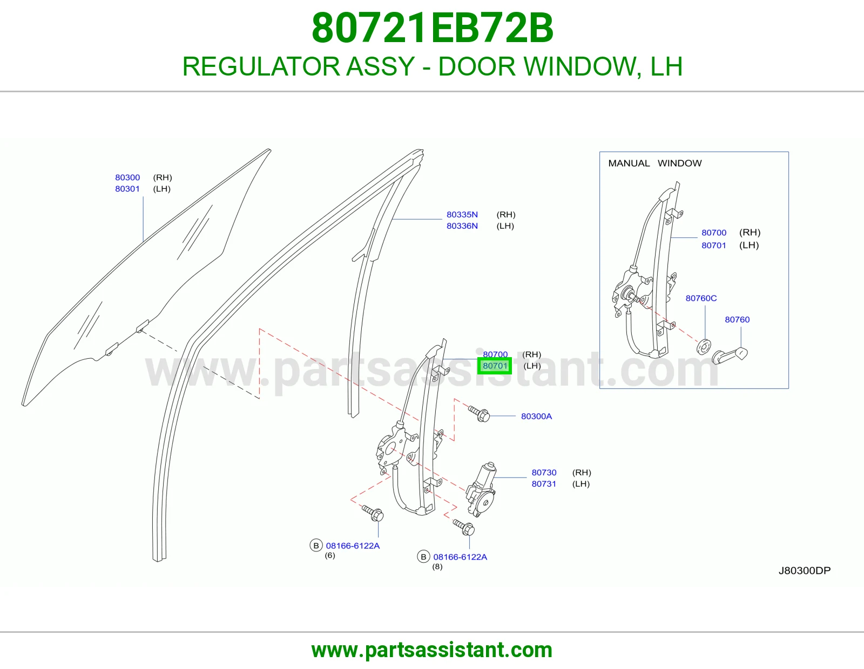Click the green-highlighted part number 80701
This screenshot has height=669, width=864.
coord(495,366)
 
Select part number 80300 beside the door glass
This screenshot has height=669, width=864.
coord(127,178)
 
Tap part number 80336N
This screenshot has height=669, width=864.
coord(462,226)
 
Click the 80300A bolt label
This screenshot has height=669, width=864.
coord(536,417)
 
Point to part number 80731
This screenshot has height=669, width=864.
coord(544,484)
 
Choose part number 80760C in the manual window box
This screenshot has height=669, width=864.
coord(701,298)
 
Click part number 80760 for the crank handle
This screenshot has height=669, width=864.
coord(737,320)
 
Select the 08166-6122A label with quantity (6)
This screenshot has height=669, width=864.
coord(353,546)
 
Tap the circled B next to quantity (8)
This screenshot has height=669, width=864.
coord(423,557)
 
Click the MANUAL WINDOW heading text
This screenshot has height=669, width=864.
coord(655,163)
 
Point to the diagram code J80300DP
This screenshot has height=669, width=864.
coord(805,571)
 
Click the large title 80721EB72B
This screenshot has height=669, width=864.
coord(432,28)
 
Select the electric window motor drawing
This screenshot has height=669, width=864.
coord(482,489)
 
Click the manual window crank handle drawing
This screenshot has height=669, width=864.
coord(730,355)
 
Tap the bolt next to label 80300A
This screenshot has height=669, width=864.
coord(479,414)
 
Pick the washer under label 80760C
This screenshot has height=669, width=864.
coord(704,347)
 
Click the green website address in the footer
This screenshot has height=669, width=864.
coord(432,651)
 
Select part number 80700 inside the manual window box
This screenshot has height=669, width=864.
coord(714,233)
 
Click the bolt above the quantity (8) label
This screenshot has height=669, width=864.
coord(464,528)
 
